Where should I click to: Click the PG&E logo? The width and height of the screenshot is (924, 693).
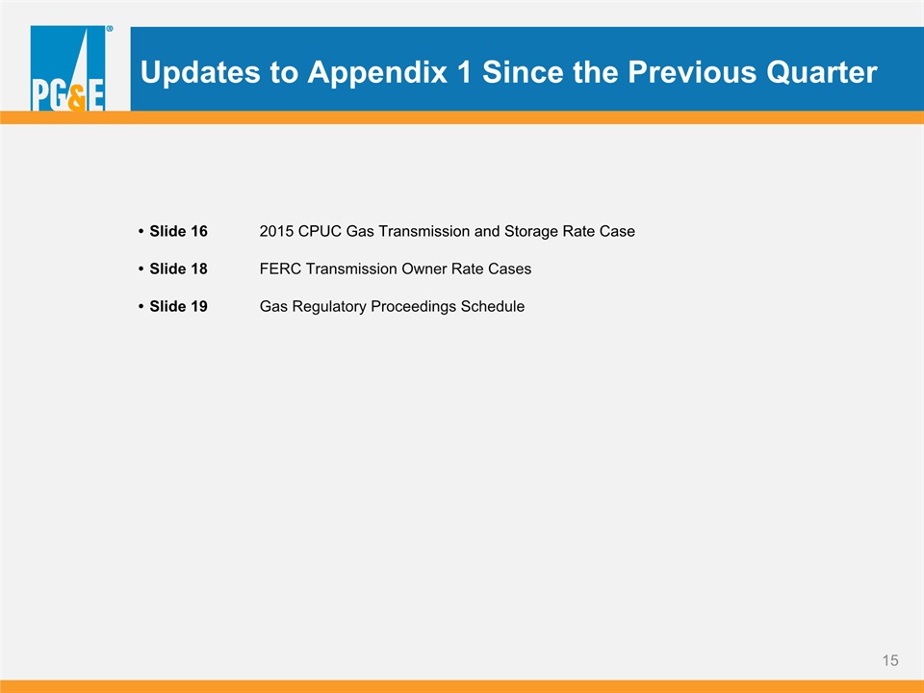point(67,67)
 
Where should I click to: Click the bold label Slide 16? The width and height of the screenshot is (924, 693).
point(178,231)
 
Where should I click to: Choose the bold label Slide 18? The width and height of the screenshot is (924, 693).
point(178,269)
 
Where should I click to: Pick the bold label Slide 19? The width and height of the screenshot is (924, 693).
point(178,306)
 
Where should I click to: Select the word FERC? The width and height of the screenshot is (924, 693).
point(280,269)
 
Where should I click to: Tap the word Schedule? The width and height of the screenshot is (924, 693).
point(493,306)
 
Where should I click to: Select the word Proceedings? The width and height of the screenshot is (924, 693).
point(413,307)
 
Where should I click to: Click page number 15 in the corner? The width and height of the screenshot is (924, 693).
point(889,660)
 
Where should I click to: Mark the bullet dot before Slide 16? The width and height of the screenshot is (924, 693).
point(141,232)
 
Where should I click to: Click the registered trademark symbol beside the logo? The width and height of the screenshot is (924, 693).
point(110,28)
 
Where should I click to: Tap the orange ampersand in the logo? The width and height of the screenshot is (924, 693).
point(77,98)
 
